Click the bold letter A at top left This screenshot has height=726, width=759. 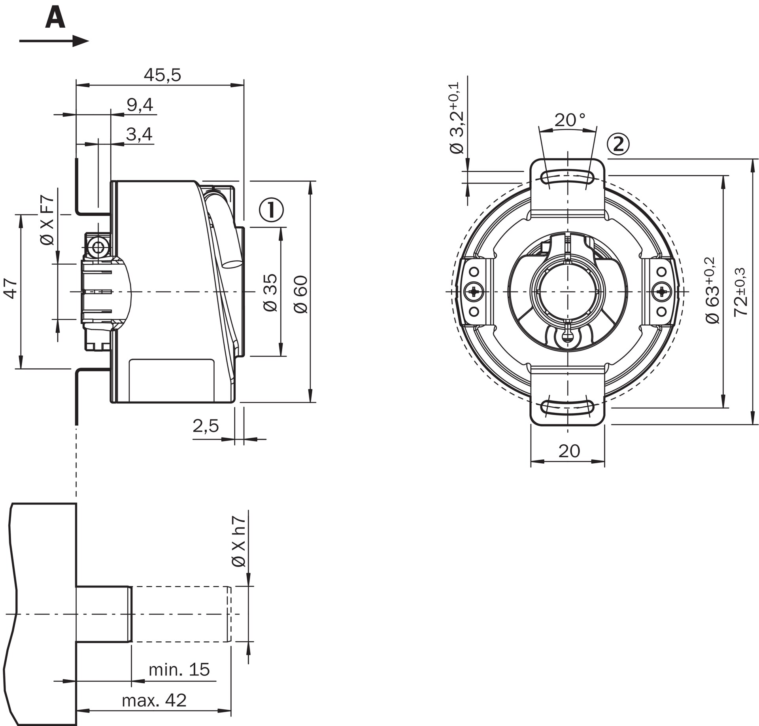[55, 19]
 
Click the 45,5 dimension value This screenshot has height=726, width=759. [162, 75]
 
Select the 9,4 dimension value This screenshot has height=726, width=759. [140, 105]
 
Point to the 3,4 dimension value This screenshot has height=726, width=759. [139, 134]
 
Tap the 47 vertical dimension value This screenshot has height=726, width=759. [11, 288]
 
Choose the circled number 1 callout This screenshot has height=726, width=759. [271, 210]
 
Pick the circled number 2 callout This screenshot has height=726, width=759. [618, 144]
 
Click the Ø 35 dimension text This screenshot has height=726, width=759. [271, 293]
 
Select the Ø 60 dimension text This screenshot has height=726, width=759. [301, 295]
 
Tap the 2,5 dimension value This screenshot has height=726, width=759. [206, 426]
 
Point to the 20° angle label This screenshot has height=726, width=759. [570, 120]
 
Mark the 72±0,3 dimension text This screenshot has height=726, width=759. [740, 292]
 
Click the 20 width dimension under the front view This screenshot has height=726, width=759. [569, 451]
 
